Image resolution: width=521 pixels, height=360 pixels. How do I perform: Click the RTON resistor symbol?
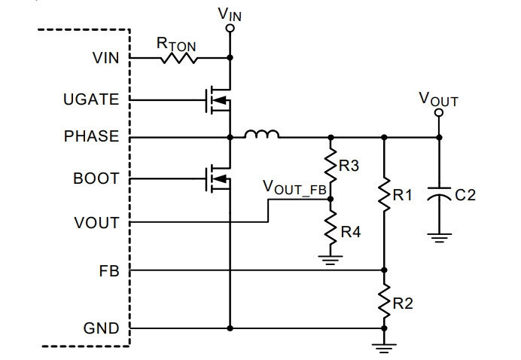178,58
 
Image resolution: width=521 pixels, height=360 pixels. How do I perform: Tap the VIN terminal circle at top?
230,29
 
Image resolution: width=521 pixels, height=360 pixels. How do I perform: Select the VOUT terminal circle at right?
439,113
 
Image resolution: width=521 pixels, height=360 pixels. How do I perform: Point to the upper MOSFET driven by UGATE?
218,99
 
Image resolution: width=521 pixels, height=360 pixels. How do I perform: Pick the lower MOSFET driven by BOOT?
218,178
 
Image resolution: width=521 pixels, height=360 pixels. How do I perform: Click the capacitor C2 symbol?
439,194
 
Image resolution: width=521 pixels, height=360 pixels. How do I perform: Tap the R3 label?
349,165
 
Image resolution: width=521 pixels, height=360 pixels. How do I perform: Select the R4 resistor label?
351,232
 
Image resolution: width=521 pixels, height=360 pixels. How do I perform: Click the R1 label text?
402,195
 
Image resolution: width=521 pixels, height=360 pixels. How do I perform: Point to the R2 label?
403,304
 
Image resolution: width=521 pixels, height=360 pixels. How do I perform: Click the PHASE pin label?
91,136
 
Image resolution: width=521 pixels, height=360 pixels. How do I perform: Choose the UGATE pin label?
91,99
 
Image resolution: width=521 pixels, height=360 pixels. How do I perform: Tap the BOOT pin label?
96,178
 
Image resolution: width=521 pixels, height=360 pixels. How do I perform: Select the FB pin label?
109,271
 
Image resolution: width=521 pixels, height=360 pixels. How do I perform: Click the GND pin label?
101,328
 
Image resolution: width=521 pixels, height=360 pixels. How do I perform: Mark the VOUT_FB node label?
294,188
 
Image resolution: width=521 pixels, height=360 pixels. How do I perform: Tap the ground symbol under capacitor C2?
439,238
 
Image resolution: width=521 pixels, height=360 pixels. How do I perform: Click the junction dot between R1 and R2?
384,270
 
